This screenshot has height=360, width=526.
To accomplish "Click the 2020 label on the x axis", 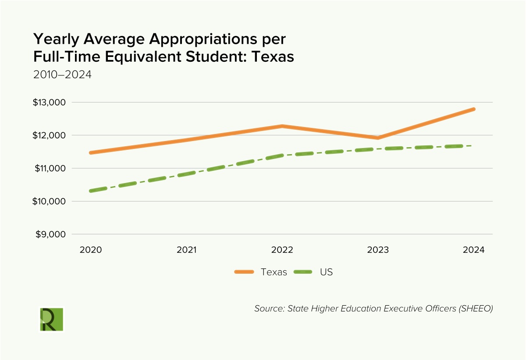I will pyautogui.click(x=91, y=250).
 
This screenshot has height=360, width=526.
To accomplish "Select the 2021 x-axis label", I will pyautogui.click(x=187, y=250).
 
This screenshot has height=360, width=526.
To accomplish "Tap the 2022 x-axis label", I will pyautogui.click(x=282, y=250).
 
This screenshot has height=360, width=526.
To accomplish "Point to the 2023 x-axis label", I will pyautogui.click(x=378, y=250).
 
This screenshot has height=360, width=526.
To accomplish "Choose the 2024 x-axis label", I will pyautogui.click(x=473, y=250).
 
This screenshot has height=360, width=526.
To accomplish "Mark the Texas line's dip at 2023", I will pyautogui.click(x=378, y=138).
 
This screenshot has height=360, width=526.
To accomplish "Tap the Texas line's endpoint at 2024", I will pyautogui.click(x=473, y=109).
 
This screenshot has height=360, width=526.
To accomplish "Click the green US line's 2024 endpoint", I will pyautogui.click(x=473, y=146).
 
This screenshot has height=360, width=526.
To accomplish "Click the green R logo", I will pyautogui.click(x=51, y=319).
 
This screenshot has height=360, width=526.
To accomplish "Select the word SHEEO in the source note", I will pyautogui.click(x=476, y=308).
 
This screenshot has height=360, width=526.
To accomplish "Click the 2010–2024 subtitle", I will pyautogui.click(x=62, y=74).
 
